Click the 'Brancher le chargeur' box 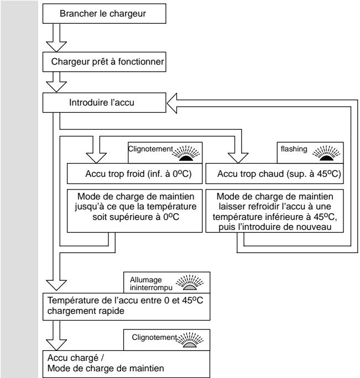pos(104,13)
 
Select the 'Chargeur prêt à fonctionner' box pos(104,62)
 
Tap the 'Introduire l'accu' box pos(104,102)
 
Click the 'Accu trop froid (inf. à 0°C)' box pos(134,174)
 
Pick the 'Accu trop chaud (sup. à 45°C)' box pos(275,174)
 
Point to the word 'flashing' pos(294,149)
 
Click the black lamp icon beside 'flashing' pos(326,153)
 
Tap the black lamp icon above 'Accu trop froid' pos(186,153)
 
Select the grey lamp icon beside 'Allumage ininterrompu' pos(190,282)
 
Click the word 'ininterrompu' pos(151,287)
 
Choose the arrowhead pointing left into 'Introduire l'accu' pos(172,103)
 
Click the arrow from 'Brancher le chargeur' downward pos(56,38)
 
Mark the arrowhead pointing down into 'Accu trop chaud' pos(238,158)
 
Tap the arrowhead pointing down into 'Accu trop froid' pos(96,158)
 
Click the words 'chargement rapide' pos(86,311)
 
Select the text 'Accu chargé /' pos(76,358)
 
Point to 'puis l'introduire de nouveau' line pos(275,227)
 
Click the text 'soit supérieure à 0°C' pos(135,217)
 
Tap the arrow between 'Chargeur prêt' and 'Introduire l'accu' pos(56,82)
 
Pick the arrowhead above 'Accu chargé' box pos(56,345)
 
